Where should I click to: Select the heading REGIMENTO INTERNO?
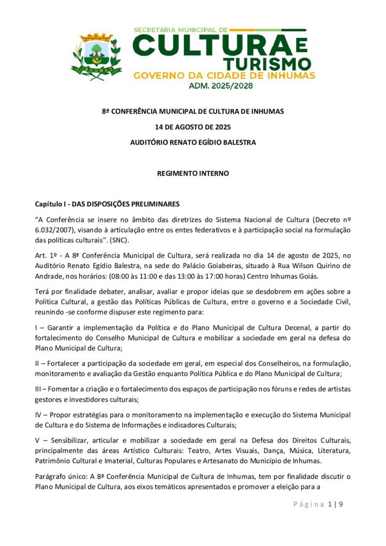(x=192, y=173)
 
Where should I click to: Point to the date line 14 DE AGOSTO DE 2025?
(x=192, y=127)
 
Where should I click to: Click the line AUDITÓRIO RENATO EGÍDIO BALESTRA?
(x=192, y=142)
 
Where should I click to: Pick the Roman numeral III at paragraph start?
(x=39, y=389)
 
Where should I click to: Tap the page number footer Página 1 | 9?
(x=318, y=504)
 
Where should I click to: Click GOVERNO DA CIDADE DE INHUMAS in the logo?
(x=224, y=75)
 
